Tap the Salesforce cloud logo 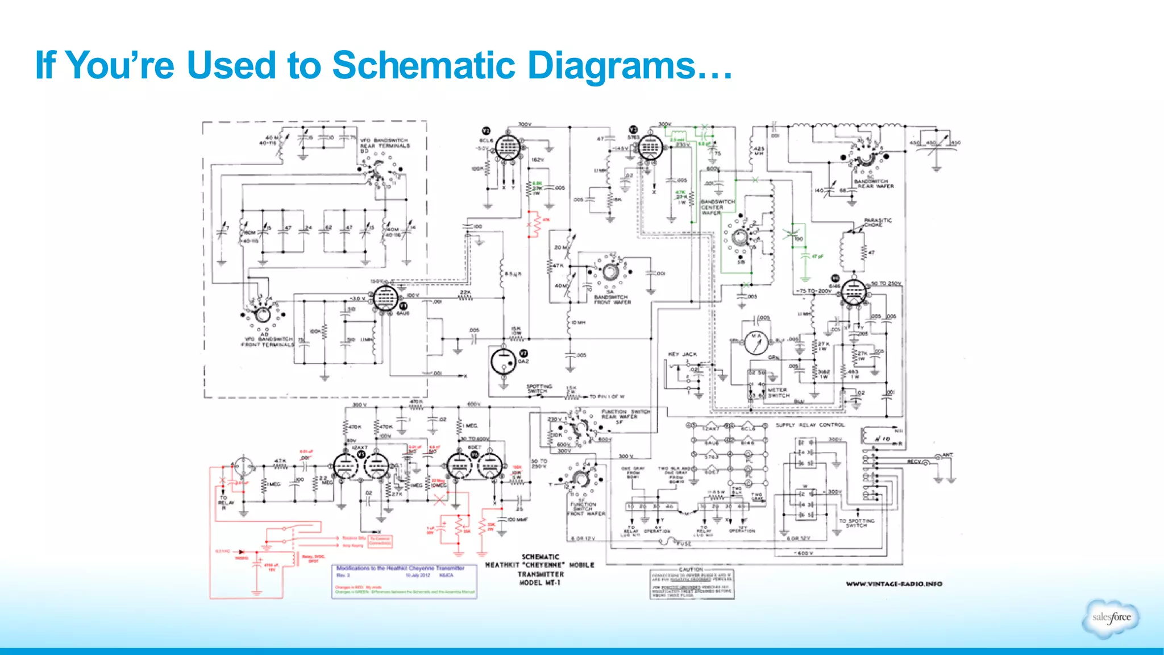pos(1111,618)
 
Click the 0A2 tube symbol pos(504,361)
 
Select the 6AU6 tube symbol pos(385,297)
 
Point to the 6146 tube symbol pos(853,293)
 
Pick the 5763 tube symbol pos(649,148)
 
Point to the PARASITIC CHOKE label pos(878,222)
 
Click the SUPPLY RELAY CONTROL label pos(810,425)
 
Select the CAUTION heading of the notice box pos(691,569)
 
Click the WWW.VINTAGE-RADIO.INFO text pos(893,584)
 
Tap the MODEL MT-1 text pos(540,583)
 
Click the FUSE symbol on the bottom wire pos(674,542)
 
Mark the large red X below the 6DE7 pos(439,500)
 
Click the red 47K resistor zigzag pos(534,225)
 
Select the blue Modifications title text pos(400,568)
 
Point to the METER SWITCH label pos(778,393)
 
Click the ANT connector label pos(947,455)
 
